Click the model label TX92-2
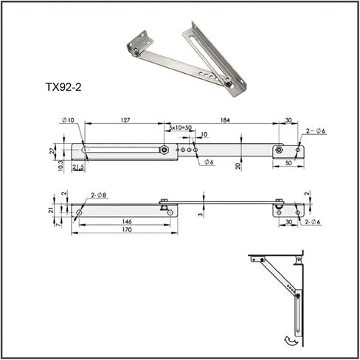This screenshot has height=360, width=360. (x=63, y=87)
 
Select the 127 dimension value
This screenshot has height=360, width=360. (x=125, y=120)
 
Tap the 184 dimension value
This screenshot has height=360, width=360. (x=225, y=120)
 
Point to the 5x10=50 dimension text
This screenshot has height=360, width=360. (x=180, y=128)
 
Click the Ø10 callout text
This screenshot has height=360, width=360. (x=68, y=120)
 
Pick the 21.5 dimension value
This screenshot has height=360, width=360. (x=78, y=167)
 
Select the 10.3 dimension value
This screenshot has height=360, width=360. (x=60, y=166)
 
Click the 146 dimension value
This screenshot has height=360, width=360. (x=127, y=221)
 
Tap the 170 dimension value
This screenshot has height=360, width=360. (x=127, y=229)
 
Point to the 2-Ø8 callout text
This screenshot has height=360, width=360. (x=99, y=195)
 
